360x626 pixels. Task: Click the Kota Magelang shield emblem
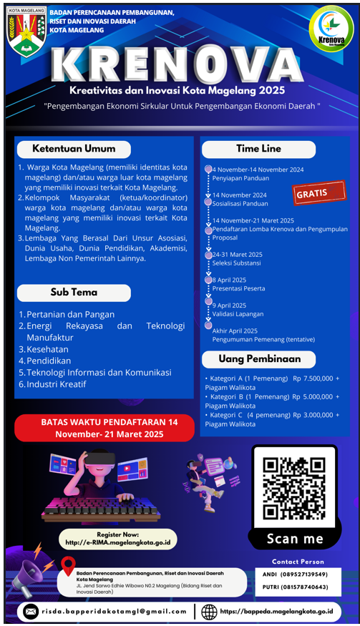coord(26,31)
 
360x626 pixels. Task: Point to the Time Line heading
coord(258,149)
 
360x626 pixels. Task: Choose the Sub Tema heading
coord(74,293)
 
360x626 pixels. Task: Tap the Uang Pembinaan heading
coord(258,358)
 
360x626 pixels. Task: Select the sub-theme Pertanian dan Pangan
coord(70,314)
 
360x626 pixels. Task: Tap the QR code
coord(294,488)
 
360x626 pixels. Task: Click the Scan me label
coord(295,539)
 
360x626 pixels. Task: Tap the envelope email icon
coord(31,612)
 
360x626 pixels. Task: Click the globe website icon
coord(210,612)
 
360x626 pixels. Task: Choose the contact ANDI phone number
coord(295,574)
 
